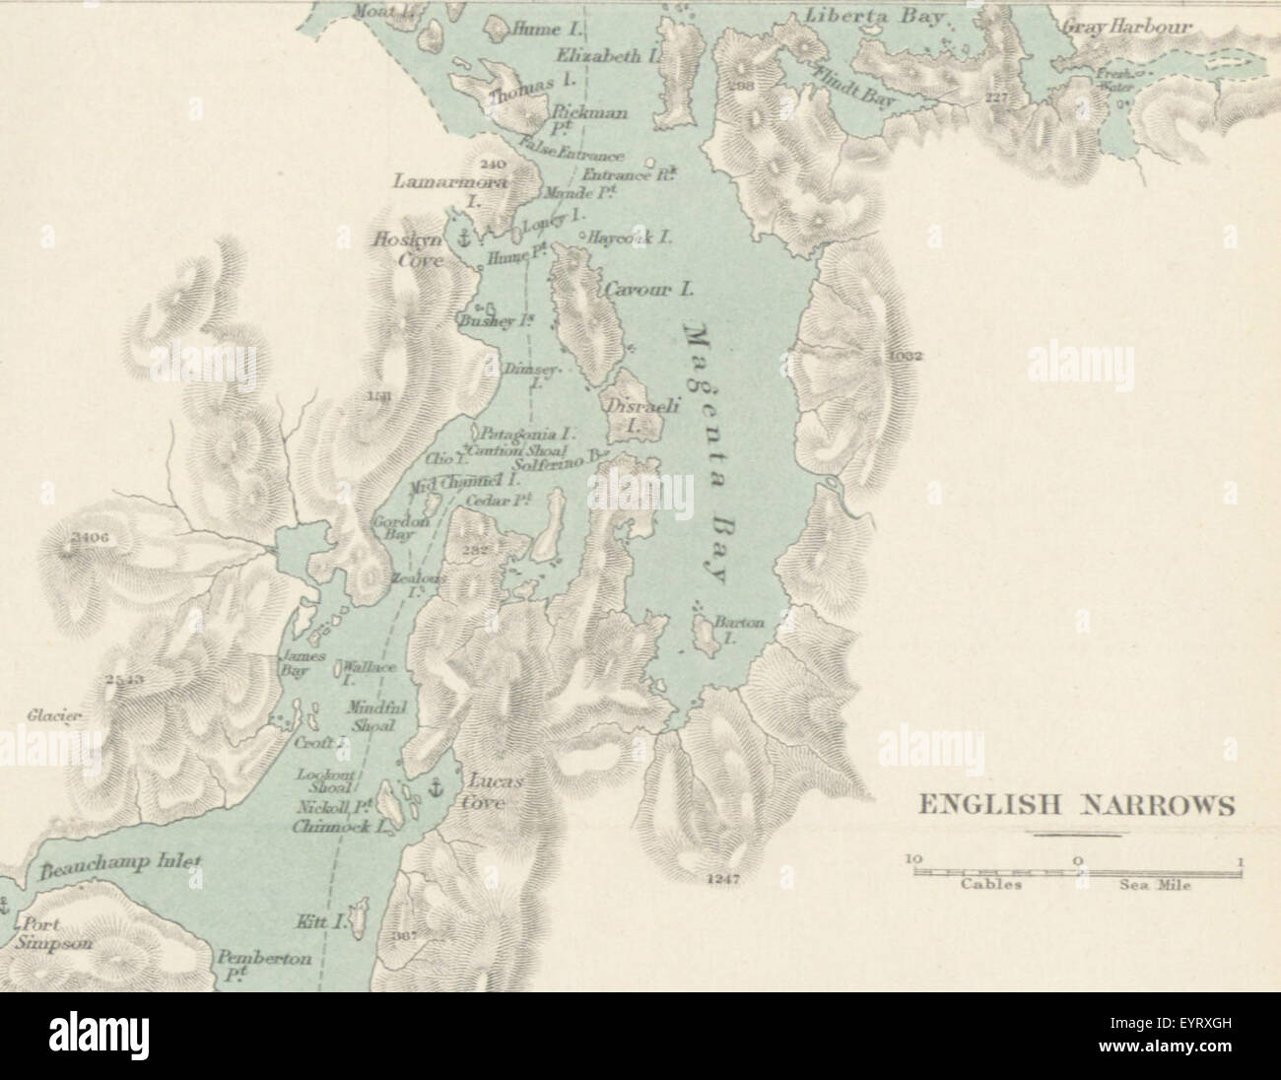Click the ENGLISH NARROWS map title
pos(1075,806)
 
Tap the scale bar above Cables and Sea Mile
pos(1077,869)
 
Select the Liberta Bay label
pos(875,18)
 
